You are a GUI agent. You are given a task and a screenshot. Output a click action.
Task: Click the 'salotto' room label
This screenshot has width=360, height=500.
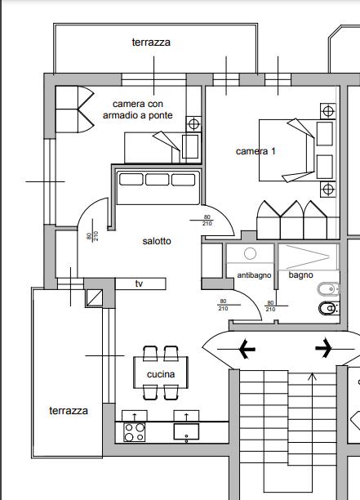pos(157,241)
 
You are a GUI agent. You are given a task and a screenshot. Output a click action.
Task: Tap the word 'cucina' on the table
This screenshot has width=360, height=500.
pos(161,374)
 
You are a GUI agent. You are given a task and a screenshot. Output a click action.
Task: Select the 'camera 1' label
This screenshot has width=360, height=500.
pos(256,151)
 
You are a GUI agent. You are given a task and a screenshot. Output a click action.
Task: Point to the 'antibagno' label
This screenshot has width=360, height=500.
pos(254,275)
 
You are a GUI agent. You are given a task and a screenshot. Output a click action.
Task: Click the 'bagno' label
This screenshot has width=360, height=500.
pos(300,275)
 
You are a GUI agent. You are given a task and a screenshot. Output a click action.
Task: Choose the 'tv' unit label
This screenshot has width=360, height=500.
pos(139,283)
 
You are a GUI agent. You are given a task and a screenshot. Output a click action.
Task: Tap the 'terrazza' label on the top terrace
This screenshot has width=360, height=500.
pos(151,42)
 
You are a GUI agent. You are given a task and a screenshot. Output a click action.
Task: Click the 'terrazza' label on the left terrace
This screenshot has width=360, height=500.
pos(69,410)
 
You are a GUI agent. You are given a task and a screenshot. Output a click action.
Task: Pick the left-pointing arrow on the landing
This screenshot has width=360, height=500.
pos(247,349)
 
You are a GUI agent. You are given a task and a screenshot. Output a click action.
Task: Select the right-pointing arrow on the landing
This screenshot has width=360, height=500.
pos(323,347)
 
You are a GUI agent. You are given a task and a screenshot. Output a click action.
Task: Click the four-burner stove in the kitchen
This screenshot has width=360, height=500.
pos(134,432)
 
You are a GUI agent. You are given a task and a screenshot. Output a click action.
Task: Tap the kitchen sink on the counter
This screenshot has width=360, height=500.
pos(186,431)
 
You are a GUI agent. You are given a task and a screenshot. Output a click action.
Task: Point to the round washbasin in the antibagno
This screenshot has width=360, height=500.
pos(250,253)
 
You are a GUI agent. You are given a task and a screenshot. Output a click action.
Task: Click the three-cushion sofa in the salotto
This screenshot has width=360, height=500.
pos(158,188)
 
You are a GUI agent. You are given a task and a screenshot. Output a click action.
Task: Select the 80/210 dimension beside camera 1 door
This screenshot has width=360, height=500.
pos(207,221)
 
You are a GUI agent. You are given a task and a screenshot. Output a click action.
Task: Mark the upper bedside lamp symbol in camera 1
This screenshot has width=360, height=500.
pos(328,111)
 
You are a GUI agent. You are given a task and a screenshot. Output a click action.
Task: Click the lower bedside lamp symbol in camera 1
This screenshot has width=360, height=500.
pos(328,190)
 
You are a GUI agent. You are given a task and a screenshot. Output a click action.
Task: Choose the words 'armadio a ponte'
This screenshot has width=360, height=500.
pos(138,115)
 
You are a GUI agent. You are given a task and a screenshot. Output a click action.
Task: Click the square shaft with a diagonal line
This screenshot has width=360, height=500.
pos(95,298)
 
